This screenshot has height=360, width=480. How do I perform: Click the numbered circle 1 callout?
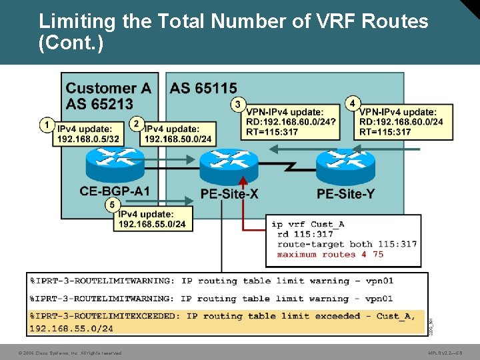(x=47, y=125)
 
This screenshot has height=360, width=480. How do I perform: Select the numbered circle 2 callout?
(x=137, y=123)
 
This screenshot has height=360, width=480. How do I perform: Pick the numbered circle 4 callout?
(x=352, y=103)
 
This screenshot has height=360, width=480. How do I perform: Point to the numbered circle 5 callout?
(x=113, y=205)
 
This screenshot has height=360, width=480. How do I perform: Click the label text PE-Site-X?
(x=229, y=194)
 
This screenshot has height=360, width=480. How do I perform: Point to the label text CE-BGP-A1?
(x=115, y=192)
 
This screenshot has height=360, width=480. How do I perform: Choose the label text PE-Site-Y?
(x=345, y=194)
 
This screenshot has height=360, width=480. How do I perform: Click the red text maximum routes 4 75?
(x=330, y=254)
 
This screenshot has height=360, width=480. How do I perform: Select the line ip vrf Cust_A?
(x=307, y=224)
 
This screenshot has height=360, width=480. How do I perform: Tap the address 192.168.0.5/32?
(x=89, y=139)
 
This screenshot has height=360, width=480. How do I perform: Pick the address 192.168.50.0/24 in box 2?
(x=178, y=139)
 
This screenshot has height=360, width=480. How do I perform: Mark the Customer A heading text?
(x=109, y=88)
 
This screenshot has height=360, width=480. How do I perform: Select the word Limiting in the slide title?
(x=77, y=21)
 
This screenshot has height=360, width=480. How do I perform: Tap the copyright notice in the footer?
(x=70, y=353)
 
